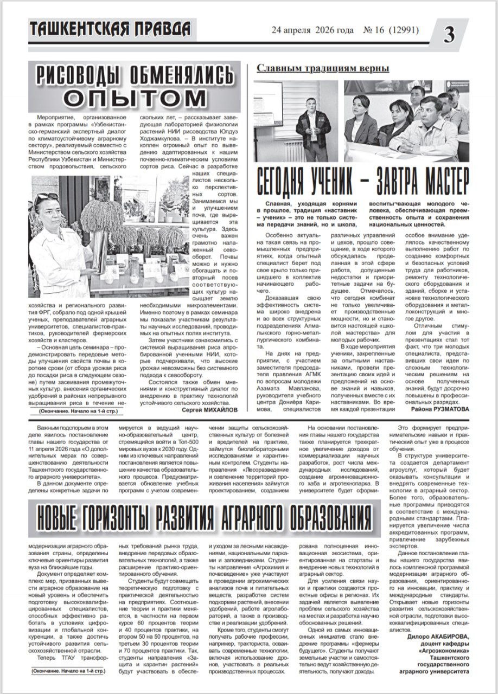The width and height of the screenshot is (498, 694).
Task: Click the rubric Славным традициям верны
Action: (x=323, y=68)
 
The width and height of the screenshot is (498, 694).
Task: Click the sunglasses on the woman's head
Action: (x=47, y=196)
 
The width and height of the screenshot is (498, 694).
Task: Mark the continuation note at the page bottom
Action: (x=69, y=671)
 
